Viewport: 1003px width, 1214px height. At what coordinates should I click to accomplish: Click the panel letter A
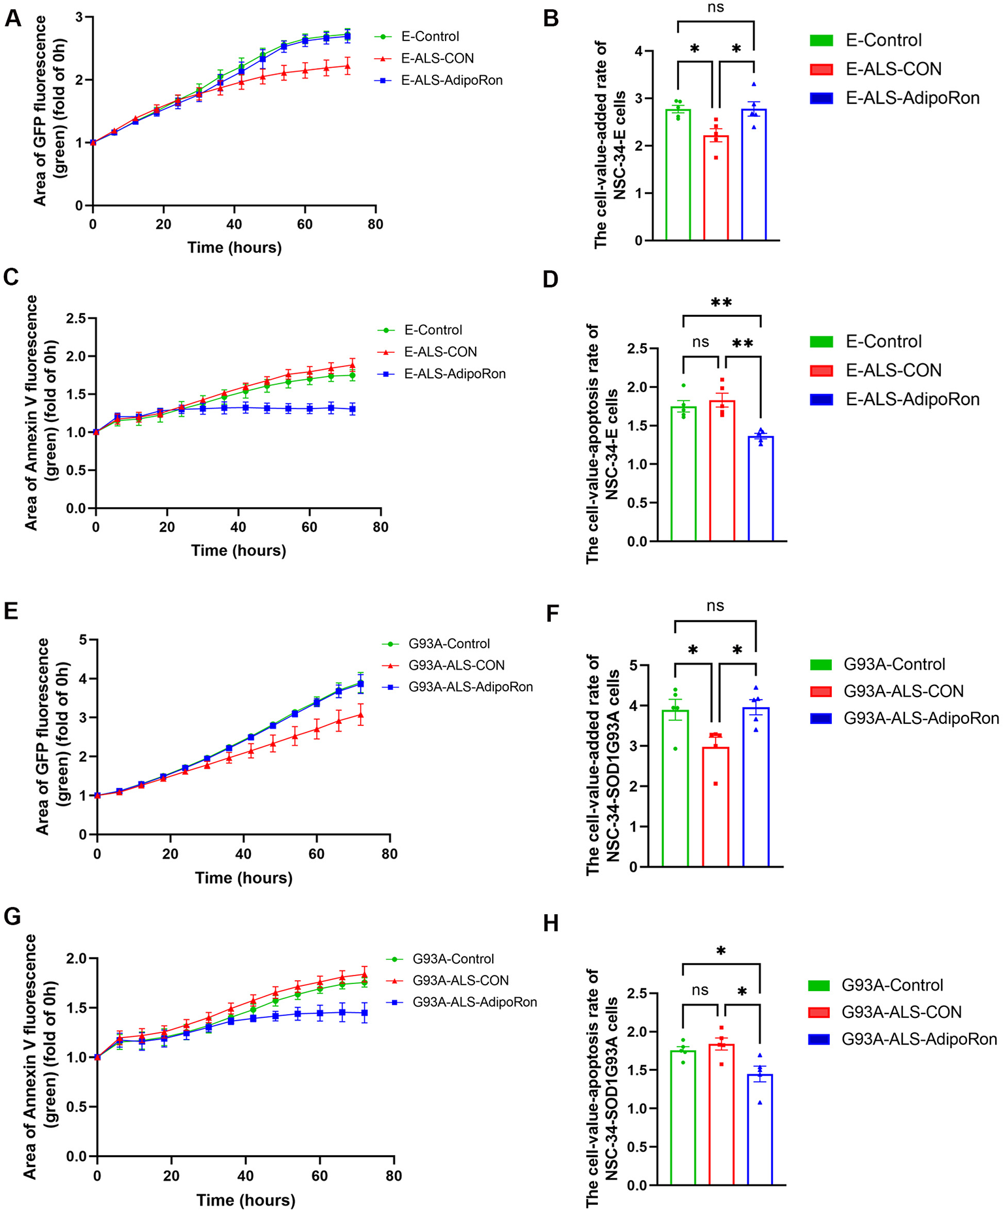click(12, 18)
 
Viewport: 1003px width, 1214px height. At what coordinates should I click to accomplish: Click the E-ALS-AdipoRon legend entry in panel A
click(452, 80)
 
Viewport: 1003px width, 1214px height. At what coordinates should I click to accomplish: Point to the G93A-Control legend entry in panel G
click(453, 959)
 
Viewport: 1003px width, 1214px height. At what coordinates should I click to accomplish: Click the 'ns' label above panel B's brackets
click(715, 8)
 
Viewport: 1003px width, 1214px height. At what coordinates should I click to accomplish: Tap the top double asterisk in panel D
click(721, 303)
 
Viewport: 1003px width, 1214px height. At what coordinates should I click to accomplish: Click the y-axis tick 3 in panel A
click(80, 17)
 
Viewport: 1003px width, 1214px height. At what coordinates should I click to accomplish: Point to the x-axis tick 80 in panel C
click(380, 527)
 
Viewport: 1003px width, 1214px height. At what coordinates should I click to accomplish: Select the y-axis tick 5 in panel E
click(83, 639)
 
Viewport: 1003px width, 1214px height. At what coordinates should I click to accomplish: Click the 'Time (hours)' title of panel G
click(246, 1200)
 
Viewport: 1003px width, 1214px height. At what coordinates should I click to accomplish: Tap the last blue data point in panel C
click(353, 409)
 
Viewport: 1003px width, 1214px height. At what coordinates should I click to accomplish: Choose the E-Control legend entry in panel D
click(883, 342)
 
